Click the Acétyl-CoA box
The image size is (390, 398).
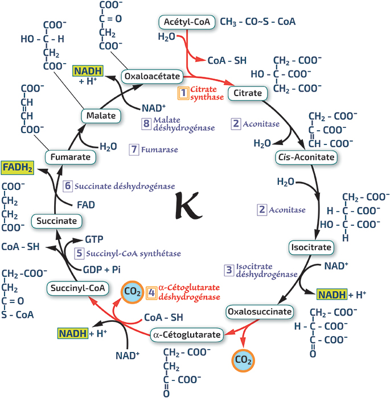click(187, 22)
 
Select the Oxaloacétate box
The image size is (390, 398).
click(152, 76)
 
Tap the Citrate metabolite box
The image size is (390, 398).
click(248, 93)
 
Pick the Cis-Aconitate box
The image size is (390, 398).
click(306, 157)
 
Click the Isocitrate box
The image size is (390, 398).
click(311, 247)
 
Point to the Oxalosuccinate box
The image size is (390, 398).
click(260, 312)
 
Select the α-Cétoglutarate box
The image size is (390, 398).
click(187, 334)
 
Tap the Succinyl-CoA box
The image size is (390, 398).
click(78, 288)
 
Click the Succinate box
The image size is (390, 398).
click(57, 221)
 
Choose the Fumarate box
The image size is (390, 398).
click(71, 157)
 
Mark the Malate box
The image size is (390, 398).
click(101, 116)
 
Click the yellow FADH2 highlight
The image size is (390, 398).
click(18, 168)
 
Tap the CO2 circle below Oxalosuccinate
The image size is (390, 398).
click(243, 360)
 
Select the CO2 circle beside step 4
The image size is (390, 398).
click(132, 292)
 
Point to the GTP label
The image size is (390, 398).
click(94, 239)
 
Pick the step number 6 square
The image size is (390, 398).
click(68, 186)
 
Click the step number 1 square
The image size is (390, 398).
click(183, 93)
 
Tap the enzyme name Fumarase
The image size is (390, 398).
click(159, 150)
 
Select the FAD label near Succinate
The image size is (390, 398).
click(86, 205)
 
